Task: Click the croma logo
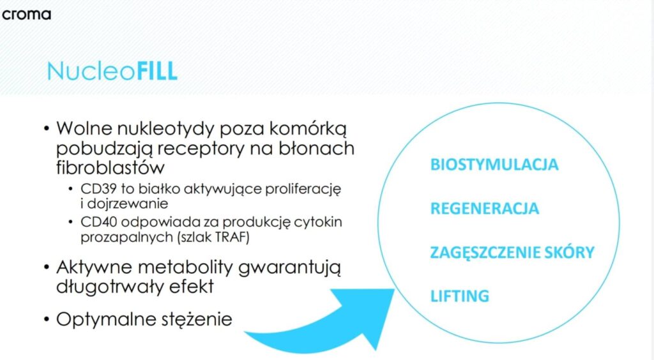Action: [26, 15]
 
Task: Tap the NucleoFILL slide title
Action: [112, 71]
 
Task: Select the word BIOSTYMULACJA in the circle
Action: [494, 165]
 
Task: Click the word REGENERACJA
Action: [485, 208]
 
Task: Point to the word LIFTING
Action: [460, 296]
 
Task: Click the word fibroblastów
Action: [110, 167]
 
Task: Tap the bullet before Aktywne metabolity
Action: [47, 267]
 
